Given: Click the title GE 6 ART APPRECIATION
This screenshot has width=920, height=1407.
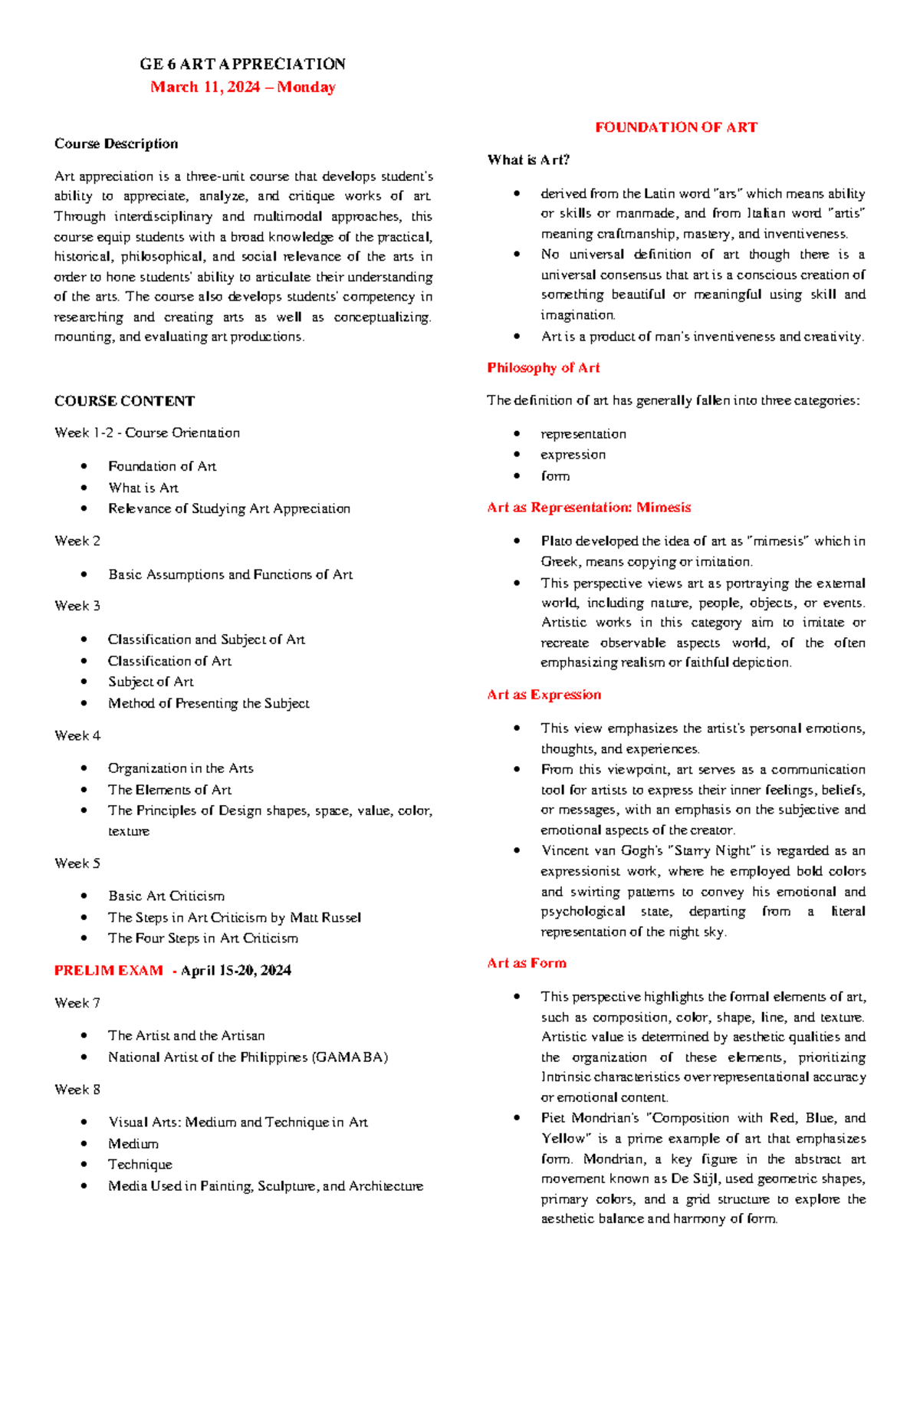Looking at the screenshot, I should click(242, 64).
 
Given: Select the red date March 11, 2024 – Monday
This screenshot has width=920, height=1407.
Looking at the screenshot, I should click(242, 87).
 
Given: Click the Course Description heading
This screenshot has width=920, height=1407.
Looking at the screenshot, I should click(116, 143).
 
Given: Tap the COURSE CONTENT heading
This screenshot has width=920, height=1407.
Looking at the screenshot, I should click(124, 401).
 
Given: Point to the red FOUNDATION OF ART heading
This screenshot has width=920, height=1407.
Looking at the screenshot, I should click(675, 127).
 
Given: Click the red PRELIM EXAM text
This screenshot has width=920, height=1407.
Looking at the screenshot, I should click(109, 970).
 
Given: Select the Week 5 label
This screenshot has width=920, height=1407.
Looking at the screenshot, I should click(77, 863).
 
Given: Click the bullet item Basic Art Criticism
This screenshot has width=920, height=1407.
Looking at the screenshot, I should click(166, 896).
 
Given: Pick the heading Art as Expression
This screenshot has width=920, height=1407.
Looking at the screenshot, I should click(544, 695).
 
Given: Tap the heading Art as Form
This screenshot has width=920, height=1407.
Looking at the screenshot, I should click(526, 963).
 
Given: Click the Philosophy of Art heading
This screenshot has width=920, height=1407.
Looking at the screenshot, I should click(543, 368).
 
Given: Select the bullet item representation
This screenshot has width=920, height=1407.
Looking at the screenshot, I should click(583, 434).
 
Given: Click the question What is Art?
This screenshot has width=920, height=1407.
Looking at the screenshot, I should click(528, 159).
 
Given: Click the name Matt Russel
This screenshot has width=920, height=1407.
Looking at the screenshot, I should click(325, 917).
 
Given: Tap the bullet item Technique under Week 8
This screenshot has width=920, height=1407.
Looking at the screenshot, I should click(140, 1164).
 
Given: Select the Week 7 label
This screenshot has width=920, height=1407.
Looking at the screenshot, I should click(77, 1003).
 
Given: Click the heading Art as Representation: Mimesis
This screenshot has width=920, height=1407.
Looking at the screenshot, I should click(588, 508).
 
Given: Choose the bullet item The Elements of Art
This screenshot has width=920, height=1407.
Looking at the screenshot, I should click(169, 790).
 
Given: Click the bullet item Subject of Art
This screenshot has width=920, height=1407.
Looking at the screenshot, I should click(151, 682).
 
